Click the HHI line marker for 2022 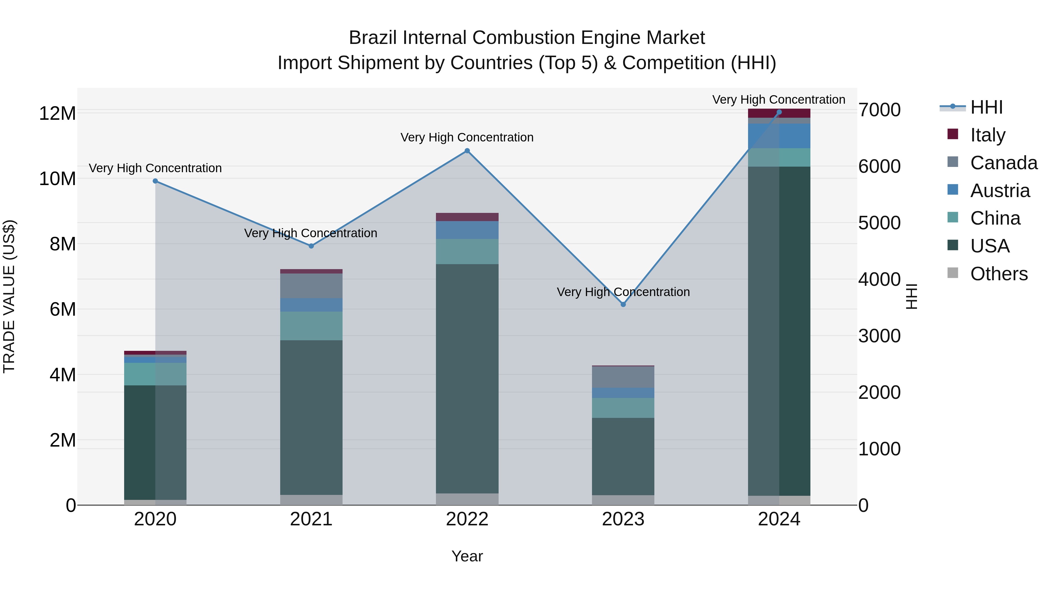[x=467, y=151]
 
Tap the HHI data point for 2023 [x=623, y=305]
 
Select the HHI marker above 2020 [x=155, y=181]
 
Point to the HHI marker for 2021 [x=311, y=246]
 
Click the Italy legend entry [x=987, y=135]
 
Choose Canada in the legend [x=1003, y=163]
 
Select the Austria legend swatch [x=953, y=190]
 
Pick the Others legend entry [x=998, y=274]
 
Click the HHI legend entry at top [x=986, y=107]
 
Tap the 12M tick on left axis [x=57, y=113]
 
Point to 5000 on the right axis [x=879, y=223]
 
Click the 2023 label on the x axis [x=623, y=519]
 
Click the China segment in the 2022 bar [x=467, y=251]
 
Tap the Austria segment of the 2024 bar [x=779, y=136]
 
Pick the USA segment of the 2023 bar [x=623, y=456]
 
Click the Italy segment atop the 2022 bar [x=467, y=217]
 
